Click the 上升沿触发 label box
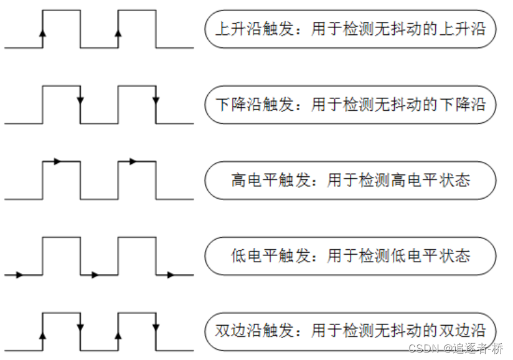pyautogui.click(x=350, y=29)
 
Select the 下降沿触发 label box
pyautogui.click(x=350, y=104)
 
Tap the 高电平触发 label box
pyautogui.click(x=350, y=180)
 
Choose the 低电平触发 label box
pyautogui.click(x=350, y=255)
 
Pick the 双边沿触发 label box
pyautogui.click(x=350, y=330)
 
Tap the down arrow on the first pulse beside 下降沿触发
pyautogui.click(x=80, y=102)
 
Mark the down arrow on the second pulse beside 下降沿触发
pyautogui.click(x=156, y=102)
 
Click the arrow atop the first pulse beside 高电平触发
pyautogui.click(x=57, y=161)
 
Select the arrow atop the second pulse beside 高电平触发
pyautogui.click(x=132, y=161)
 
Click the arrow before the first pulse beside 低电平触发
pyautogui.click(x=19, y=274)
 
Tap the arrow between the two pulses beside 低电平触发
pyautogui.click(x=95, y=274)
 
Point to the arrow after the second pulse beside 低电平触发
pyautogui.click(x=170, y=274)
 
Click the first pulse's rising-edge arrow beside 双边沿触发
pyautogui.click(x=42, y=334)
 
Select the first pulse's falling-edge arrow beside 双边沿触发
pyautogui.click(x=80, y=327)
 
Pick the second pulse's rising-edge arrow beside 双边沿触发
pyautogui.click(x=118, y=334)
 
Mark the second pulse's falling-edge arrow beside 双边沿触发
pyautogui.click(x=156, y=327)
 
